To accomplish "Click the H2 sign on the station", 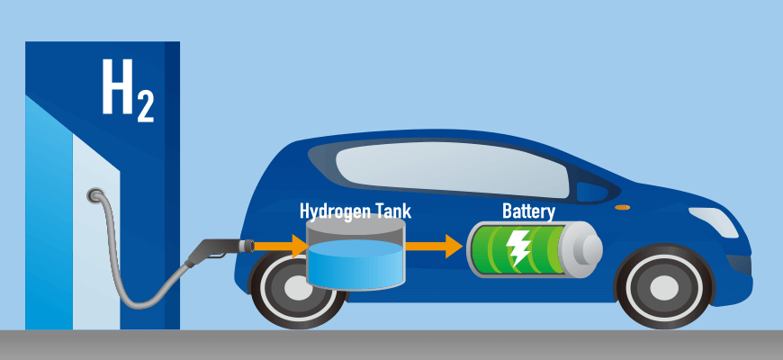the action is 128,90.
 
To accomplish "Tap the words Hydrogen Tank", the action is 355,211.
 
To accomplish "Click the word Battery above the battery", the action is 528,211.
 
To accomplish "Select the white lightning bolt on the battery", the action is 517,247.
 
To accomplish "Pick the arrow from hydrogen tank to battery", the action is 434,246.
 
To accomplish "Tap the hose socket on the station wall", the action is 94,194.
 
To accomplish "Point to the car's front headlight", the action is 714,222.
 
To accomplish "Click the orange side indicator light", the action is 622,207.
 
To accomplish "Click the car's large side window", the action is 452,170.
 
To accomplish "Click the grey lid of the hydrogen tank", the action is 355,224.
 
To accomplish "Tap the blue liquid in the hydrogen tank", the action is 355,265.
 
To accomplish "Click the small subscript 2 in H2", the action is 145,106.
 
